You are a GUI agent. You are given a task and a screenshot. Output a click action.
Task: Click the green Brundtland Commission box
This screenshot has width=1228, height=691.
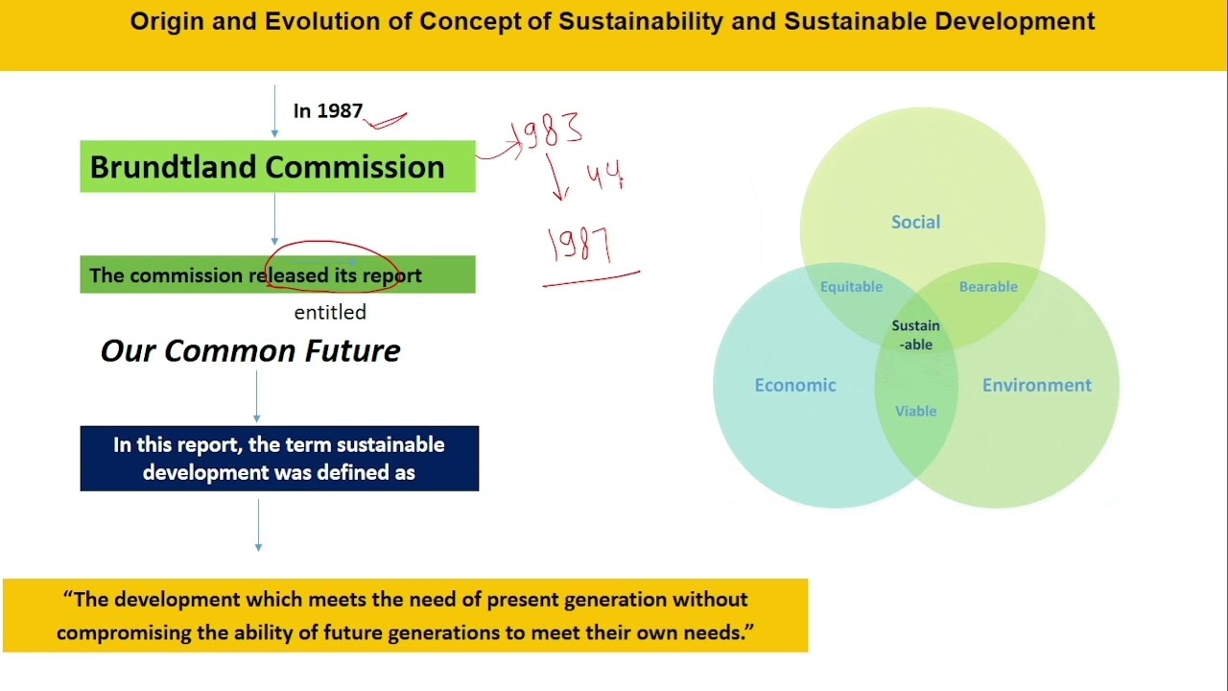click(277, 167)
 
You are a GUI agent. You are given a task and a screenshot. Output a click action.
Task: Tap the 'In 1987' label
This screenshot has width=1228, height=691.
click(328, 111)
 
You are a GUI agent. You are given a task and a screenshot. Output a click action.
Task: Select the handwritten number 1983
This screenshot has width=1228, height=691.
click(550, 131)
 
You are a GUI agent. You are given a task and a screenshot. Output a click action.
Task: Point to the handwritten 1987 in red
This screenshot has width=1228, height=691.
click(579, 245)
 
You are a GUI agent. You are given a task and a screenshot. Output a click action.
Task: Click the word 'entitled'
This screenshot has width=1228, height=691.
click(330, 313)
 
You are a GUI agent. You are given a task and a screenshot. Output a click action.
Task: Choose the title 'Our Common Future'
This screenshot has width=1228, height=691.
click(250, 351)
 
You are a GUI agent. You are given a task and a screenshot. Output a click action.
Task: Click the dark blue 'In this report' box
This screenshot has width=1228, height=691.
click(279, 459)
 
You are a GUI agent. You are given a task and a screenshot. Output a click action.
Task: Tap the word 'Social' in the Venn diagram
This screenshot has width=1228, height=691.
click(915, 223)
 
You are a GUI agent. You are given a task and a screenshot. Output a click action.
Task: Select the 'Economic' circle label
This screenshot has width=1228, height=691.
click(795, 386)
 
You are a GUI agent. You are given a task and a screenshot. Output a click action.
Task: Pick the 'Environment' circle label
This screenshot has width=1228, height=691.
click(1036, 386)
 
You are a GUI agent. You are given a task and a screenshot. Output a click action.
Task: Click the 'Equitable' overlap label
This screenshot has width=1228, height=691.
click(851, 287)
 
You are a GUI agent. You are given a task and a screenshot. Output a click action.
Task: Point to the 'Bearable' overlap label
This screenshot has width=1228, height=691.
click(988, 287)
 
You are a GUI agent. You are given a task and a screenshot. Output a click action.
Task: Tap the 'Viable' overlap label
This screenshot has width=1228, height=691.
click(915, 412)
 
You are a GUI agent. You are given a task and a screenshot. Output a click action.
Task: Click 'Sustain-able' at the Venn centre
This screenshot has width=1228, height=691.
click(915, 335)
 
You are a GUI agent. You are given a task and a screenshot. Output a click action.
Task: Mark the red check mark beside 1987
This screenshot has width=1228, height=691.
click(387, 120)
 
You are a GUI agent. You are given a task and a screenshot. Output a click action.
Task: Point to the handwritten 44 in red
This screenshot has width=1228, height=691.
click(605, 176)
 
